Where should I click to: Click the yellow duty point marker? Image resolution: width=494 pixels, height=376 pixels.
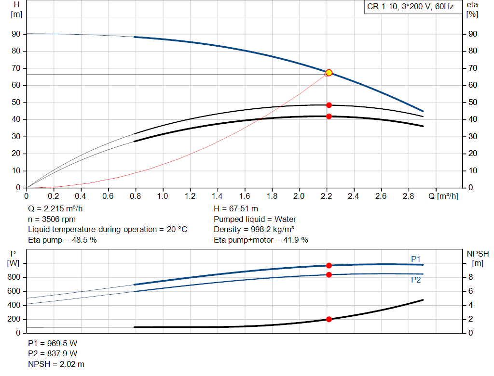click(x=329, y=73)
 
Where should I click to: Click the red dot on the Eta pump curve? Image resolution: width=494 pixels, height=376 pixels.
click(x=329, y=105)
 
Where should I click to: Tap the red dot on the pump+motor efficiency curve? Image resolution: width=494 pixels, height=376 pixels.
click(x=329, y=117)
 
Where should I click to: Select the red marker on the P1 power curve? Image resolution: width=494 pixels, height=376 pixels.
click(x=329, y=265)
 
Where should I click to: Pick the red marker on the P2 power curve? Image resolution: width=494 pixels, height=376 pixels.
click(x=329, y=275)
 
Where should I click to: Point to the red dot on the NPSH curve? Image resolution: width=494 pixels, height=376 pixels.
click(x=329, y=319)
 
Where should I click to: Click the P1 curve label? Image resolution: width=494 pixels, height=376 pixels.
click(x=416, y=259)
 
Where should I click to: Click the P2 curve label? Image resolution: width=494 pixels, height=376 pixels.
click(x=416, y=280)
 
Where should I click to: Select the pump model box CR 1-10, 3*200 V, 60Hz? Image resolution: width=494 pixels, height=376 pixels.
click(x=410, y=7)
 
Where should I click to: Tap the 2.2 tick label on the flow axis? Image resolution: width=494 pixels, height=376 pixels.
click(x=327, y=196)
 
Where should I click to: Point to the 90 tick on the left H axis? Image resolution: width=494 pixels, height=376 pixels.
click(x=16, y=34)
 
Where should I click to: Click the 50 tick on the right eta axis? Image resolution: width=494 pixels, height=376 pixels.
click(x=473, y=102)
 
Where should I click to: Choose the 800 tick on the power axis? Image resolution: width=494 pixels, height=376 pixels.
click(x=14, y=277)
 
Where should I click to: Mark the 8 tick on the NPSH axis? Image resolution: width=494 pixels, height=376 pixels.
click(x=470, y=277)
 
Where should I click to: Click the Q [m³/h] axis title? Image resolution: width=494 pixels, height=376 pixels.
click(x=443, y=196)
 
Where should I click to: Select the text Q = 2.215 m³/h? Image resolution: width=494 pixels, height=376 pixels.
click(x=55, y=209)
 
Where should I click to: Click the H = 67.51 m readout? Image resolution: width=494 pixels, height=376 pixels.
click(x=235, y=209)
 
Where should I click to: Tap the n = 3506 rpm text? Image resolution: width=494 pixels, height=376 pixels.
click(x=52, y=219)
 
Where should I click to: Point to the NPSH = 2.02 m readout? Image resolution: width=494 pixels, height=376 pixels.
click(x=56, y=364)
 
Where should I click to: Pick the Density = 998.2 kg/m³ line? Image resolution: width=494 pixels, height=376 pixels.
click(x=254, y=230)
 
